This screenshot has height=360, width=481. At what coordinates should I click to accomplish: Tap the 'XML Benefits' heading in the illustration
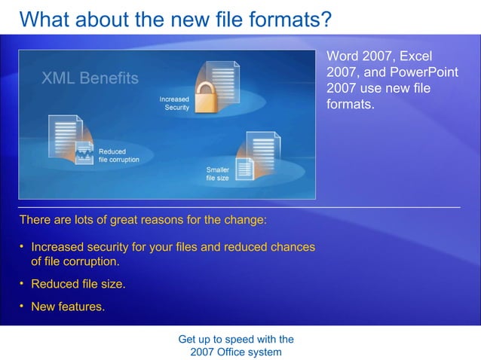click(90, 78)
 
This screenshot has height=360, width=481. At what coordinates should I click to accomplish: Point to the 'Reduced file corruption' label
click(119, 156)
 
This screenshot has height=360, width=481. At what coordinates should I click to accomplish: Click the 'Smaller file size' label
click(217, 174)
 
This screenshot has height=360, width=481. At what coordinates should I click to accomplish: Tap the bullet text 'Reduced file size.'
click(78, 285)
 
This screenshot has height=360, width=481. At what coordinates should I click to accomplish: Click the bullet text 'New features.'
click(68, 307)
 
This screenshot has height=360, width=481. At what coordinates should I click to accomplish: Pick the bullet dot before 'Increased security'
click(22, 246)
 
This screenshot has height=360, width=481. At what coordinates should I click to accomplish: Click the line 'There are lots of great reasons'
click(142, 221)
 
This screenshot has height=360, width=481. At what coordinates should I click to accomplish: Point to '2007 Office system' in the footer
click(236, 352)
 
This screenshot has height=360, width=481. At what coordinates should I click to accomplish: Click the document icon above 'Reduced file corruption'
click(66, 136)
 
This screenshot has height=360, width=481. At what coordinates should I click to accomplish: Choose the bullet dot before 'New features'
click(22, 306)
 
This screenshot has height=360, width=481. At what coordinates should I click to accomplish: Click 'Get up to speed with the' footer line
click(236, 339)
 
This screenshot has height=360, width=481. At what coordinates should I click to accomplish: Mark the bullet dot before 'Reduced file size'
click(22, 284)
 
